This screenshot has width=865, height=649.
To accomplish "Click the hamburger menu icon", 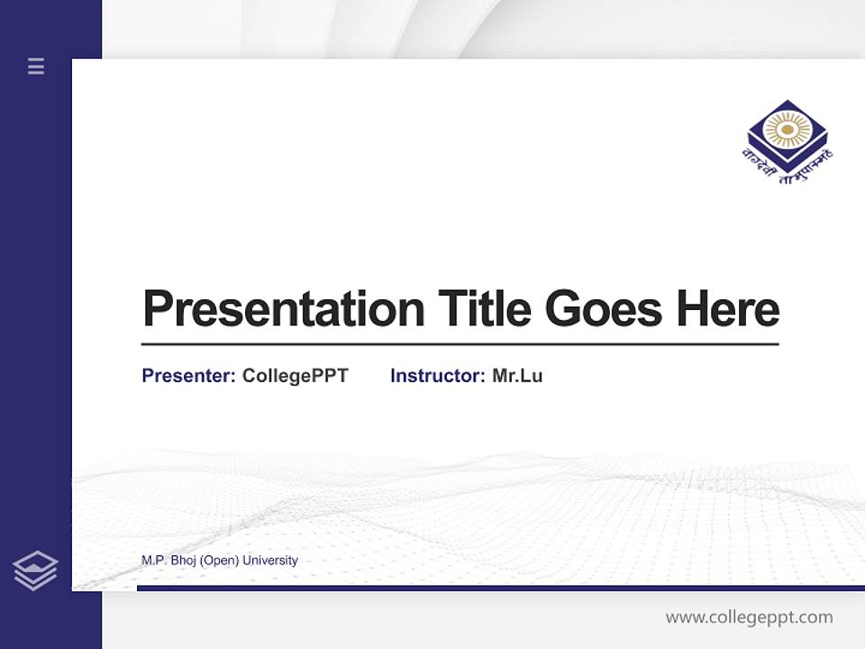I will pos(36,66).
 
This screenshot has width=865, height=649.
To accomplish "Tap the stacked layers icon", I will pos(35,571).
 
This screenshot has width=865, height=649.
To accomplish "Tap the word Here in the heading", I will pos(728,308).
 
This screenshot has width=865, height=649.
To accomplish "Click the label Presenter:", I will pos(189,376).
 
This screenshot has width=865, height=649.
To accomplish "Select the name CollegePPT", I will pos(296,376).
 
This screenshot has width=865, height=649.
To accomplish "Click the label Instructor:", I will pos(438,376).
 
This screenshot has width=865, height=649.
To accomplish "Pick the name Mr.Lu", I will pos(517,376).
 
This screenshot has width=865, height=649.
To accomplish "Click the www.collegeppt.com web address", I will pos(749,617).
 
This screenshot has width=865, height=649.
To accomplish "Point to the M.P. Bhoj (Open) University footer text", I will pos(220,561).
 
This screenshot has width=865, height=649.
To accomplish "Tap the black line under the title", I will pos(460,344).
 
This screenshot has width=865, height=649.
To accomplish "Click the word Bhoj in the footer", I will pos(183,561).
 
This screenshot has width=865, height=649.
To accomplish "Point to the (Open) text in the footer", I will pos(220,561).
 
